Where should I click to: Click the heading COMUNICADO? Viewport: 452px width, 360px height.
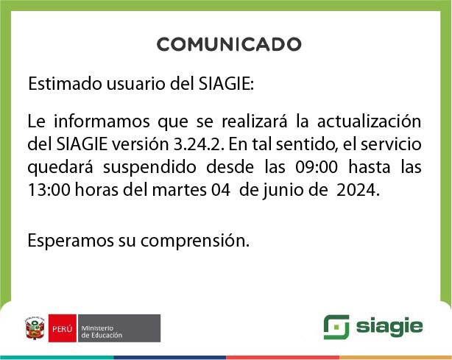click(228, 44)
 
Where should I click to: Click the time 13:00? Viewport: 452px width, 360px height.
click(45, 190)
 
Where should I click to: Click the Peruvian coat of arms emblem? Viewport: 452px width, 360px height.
click(35, 328)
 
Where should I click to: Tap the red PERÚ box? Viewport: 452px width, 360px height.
click(62, 328)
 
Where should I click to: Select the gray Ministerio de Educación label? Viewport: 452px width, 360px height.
click(118, 328)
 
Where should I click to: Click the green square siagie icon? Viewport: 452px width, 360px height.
click(336, 327)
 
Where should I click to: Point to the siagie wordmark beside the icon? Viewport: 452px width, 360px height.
click(390, 327)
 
